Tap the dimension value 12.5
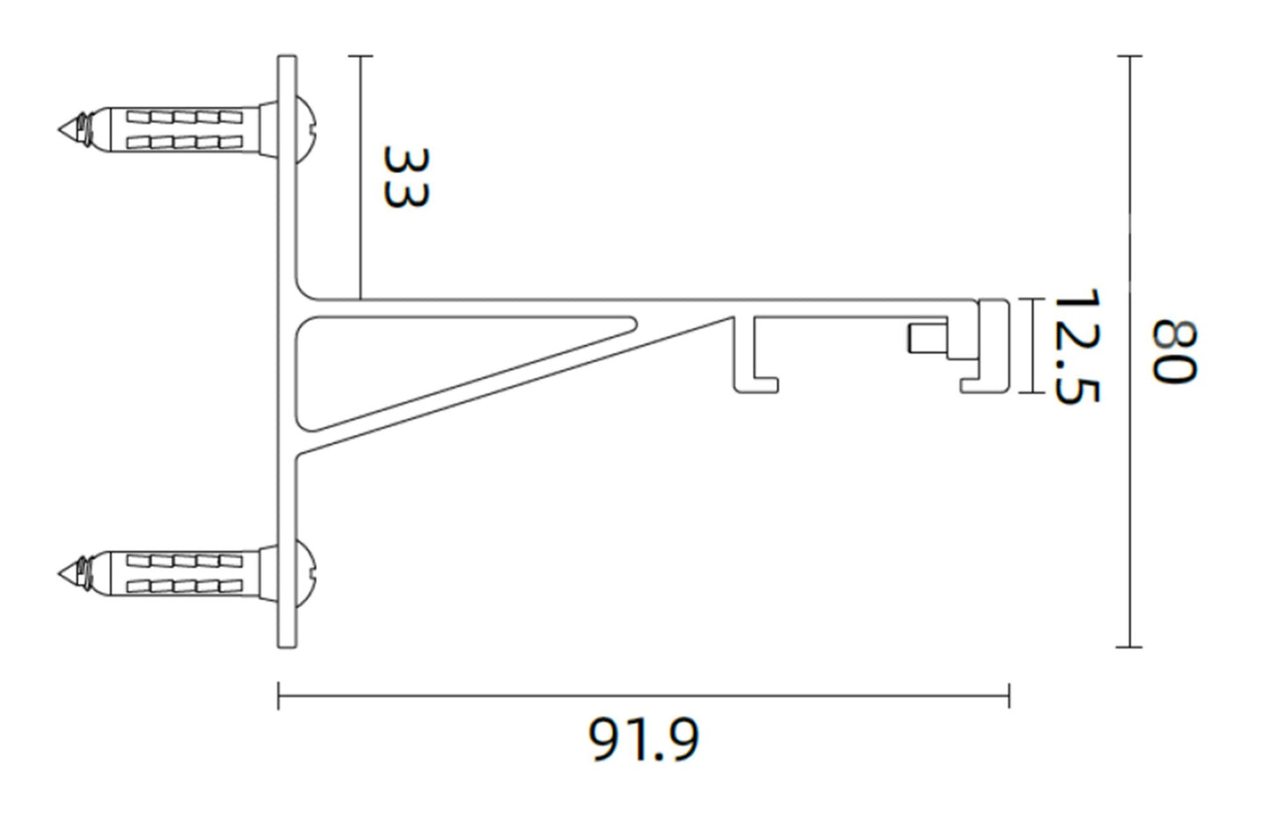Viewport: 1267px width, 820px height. (x=1075, y=347)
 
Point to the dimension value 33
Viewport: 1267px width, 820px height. (x=406, y=177)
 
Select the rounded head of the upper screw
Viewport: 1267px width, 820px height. (x=308, y=129)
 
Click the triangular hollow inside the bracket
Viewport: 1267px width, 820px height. (x=395, y=359)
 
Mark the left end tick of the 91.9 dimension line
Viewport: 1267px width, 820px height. (x=279, y=696)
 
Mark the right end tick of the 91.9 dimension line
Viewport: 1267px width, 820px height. (x=1009, y=696)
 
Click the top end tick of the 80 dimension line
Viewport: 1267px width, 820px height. (x=1129, y=56)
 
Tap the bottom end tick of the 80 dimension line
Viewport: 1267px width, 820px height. (x=1129, y=647)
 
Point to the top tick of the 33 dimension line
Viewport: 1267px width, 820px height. (x=360, y=56)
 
